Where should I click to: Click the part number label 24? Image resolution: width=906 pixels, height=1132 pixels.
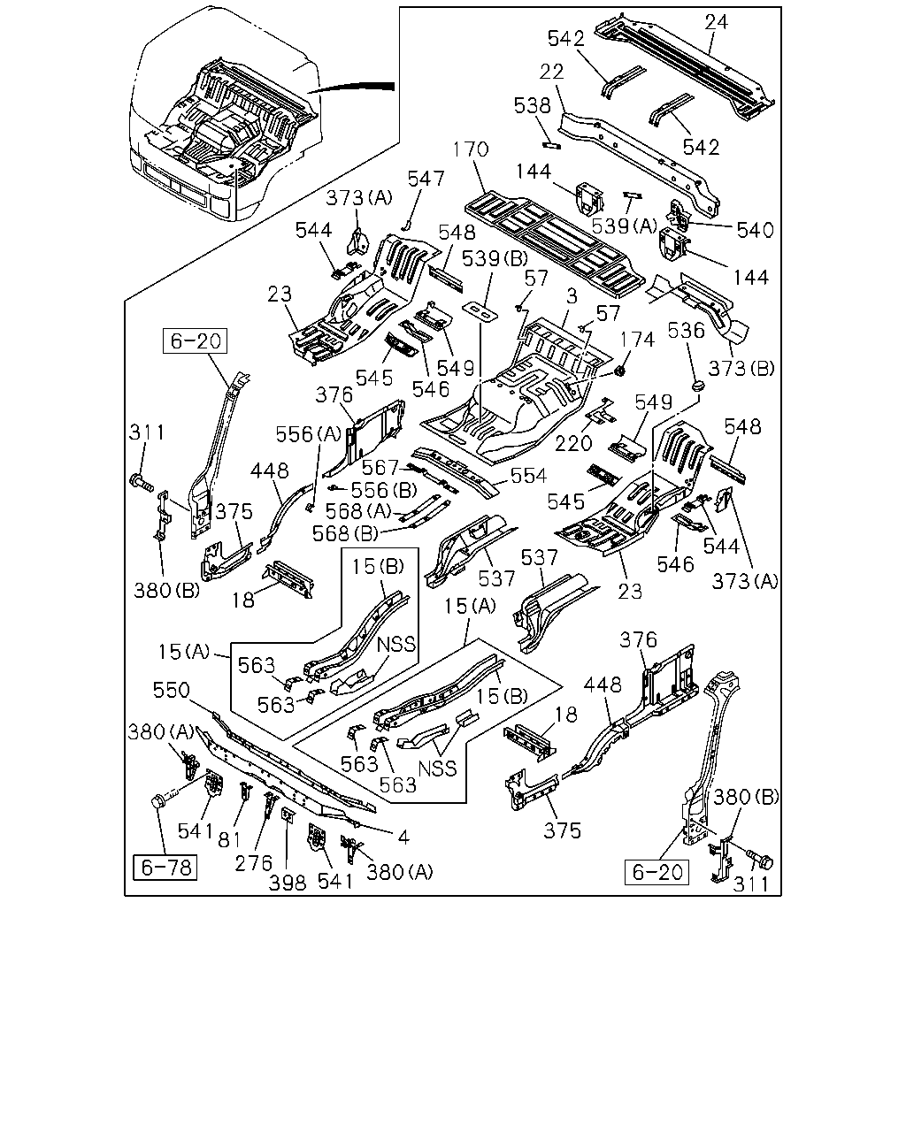pyautogui.click(x=716, y=22)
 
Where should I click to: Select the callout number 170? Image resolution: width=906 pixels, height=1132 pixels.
pyautogui.click(x=472, y=149)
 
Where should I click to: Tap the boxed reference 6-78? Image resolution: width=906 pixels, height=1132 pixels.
pyautogui.click(x=165, y=868)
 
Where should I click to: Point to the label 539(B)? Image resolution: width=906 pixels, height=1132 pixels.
pyautogui.click(x=495, y=258)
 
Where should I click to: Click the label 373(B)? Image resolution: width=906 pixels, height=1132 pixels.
pyautogui.click(x=741, y=369)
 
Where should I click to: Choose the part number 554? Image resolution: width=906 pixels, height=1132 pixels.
pyautogui.click(x=528, y=476)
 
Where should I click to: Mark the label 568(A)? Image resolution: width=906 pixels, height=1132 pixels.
pyautogui.click(x=358, y=511)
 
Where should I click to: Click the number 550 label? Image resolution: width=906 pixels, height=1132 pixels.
pyautogui.click(x=171, y=690)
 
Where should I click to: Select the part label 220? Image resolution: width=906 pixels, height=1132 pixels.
pyautogui.click(x=573, y=443)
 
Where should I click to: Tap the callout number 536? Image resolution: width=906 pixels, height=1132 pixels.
pyautogui.click(x=686, y=331)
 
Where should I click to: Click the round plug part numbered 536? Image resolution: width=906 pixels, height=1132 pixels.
pyautogui.click(x=699, y=386)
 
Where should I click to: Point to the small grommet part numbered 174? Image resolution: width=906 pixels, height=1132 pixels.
pyautogui.click(x=620, y=371)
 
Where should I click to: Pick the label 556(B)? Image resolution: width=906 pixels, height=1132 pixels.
pyautogui.click(x=384, y=490)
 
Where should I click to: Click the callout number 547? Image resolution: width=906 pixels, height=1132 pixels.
pyautogui.click(x=426, y=179)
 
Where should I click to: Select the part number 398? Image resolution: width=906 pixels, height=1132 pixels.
pyautogui.click(x=288, y=883)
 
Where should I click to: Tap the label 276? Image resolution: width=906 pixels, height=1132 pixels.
pyautogui.click(x=254, y=863)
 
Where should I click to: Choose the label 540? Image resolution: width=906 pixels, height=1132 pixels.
pyautogui.click(x=755, y=230)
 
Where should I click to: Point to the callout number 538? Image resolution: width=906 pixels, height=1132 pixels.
pyautogui.click(x=533, y=105)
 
